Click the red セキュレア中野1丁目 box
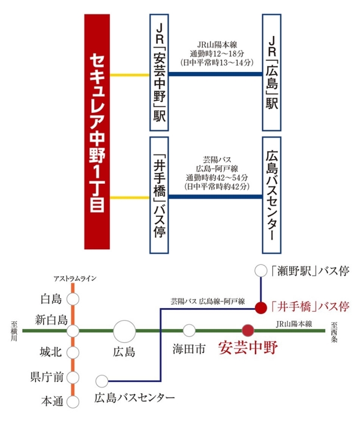[x=97, y=132]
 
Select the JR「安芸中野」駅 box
[x=159, y=73]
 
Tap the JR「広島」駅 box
[x=272, y=73]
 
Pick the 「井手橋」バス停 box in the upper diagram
[x=159, y=195]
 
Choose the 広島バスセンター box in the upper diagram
[x=272, y=195]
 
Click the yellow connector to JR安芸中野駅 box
[x=130, y=75]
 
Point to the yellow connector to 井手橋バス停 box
[x=130, y=198]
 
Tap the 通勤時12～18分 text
[x=217, y=53]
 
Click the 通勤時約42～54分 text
[x=217, y=177]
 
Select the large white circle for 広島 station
[x=124, y=332]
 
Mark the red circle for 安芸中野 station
[x=248, y=330]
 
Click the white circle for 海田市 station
[x=189, y=330]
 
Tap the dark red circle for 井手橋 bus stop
[x=261, y=307]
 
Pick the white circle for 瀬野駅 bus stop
[x=261, y=271]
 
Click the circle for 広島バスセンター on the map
[x=102, y=381]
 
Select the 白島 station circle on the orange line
[x=73, y=299]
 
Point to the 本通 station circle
[x=73, y=402]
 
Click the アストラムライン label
[x=75, y=279]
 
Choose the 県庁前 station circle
[x=73, y=378]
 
